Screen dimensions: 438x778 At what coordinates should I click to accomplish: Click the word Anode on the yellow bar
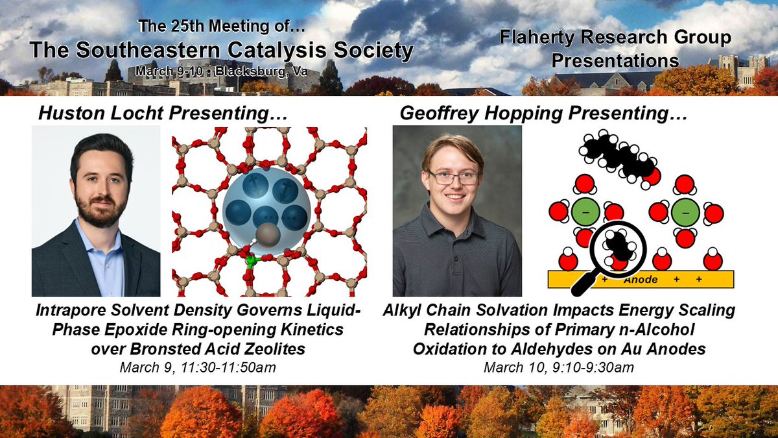click(640, 280)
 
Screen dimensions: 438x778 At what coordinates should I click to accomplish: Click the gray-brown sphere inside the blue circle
click(267, 235)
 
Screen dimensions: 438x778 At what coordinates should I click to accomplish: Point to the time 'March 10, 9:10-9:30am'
click(559, 368)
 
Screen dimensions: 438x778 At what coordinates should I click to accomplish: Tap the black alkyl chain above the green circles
click(615, 156)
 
